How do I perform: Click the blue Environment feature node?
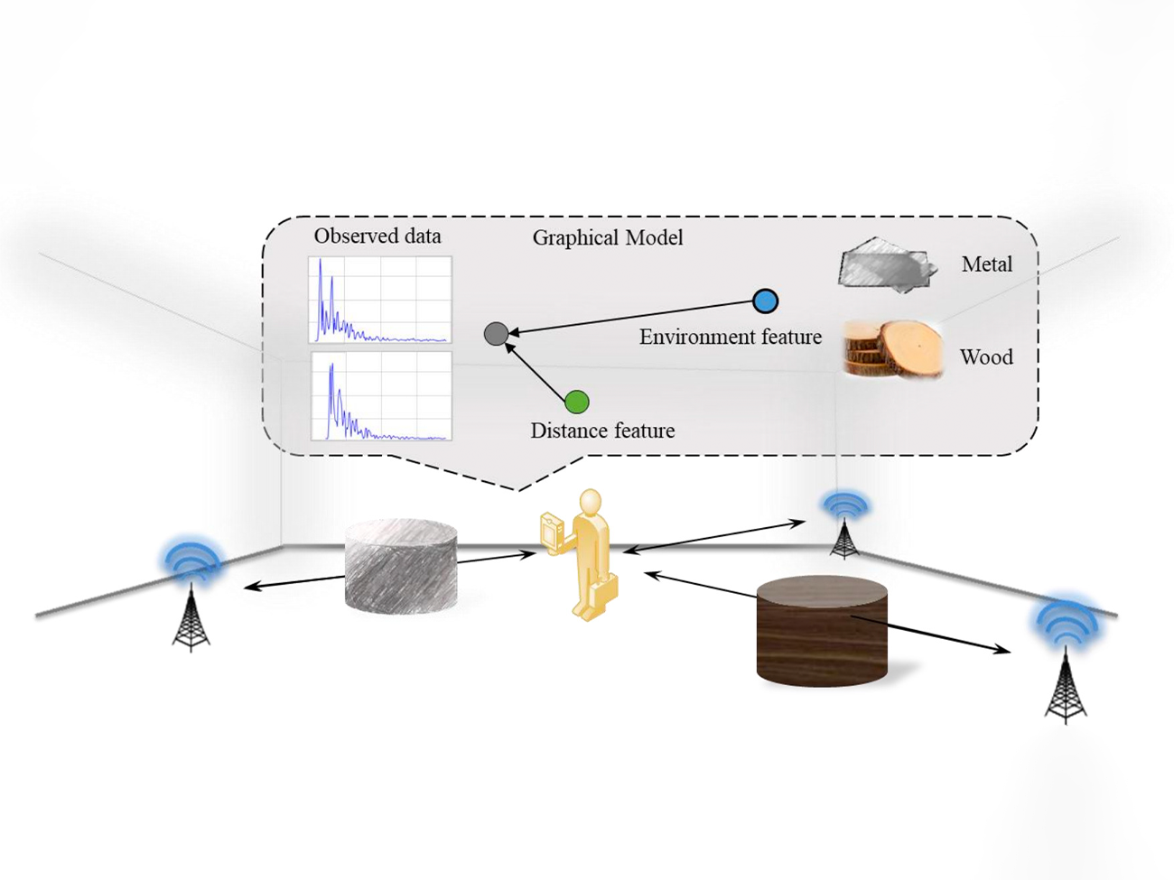coord(765,301)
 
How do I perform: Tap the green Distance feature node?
coord(577,402)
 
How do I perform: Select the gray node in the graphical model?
coord(496,334)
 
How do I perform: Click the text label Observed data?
coord(377,236)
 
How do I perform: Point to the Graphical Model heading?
coord(607,238)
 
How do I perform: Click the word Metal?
coord(986,264)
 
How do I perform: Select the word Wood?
coord(986,357)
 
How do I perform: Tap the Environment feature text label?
coord(730,338)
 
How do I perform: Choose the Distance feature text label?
coord(602,431)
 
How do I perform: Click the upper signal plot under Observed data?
coord(380,300)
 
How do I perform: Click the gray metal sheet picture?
coord(884,265)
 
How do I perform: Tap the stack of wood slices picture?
coord(892,349)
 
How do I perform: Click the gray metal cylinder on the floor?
coord(401,565)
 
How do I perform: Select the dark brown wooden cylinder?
coord(822,631)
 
